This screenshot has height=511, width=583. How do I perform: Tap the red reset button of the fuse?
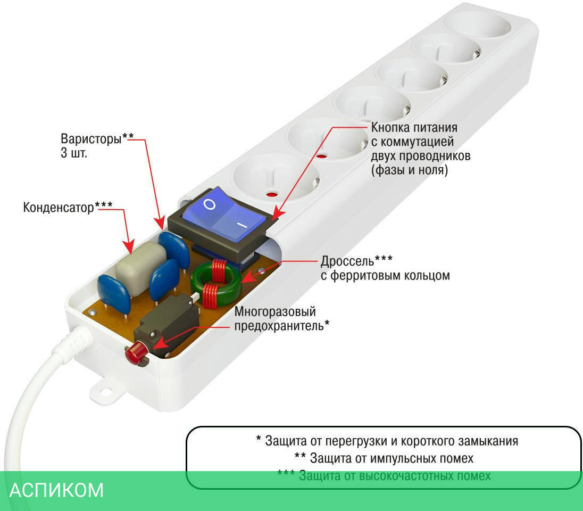(135, 352)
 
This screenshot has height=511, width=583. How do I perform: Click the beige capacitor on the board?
(139, 269)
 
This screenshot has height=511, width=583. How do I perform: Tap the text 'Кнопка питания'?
(414, 128)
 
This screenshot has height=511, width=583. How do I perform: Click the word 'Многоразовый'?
(275, 311)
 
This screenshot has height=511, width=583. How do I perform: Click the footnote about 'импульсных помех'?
(384, 458)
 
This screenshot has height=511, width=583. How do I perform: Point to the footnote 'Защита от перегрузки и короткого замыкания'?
(387, 441)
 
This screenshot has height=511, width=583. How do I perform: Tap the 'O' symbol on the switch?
(210, 205)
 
